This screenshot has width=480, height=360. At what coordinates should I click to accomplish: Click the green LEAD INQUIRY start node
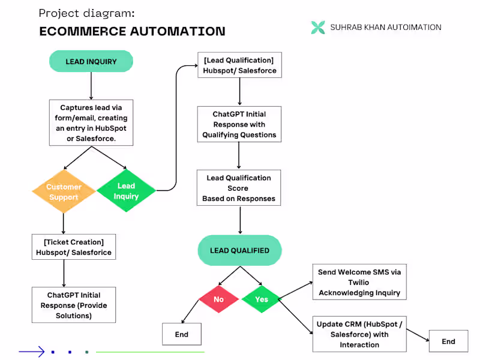click(91, 62)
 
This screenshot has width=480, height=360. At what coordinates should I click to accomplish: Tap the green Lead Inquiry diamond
click(126, 191)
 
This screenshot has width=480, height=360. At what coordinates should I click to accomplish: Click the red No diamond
click(219, 299)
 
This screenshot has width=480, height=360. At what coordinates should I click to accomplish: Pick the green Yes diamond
click(262, 299)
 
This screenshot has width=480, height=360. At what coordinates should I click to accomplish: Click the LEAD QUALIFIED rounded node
click(239, 250)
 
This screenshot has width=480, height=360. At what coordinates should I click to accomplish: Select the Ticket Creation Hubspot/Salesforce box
click(74, 247)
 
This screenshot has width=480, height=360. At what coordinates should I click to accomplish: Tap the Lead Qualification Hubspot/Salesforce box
click(239, 65)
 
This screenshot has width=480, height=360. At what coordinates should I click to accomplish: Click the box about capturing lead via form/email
click(91, 122)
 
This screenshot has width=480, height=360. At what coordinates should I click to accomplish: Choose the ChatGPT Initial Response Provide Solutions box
click(74, 305)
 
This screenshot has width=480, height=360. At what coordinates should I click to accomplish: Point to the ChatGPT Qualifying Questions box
click(239, 124)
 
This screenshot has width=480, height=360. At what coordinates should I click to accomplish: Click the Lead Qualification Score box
click(239, 188)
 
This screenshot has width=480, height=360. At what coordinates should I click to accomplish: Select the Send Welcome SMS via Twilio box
click(359, 282)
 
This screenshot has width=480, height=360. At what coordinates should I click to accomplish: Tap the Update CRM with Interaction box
click(359, 334)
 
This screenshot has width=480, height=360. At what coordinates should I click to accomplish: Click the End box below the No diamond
click(182, 334)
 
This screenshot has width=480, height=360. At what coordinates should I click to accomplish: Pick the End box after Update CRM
click(449, 341)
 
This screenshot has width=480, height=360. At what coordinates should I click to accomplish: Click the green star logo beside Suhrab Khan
click(318, 27)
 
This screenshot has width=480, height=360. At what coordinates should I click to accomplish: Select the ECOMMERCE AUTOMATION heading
click(132, 31)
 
